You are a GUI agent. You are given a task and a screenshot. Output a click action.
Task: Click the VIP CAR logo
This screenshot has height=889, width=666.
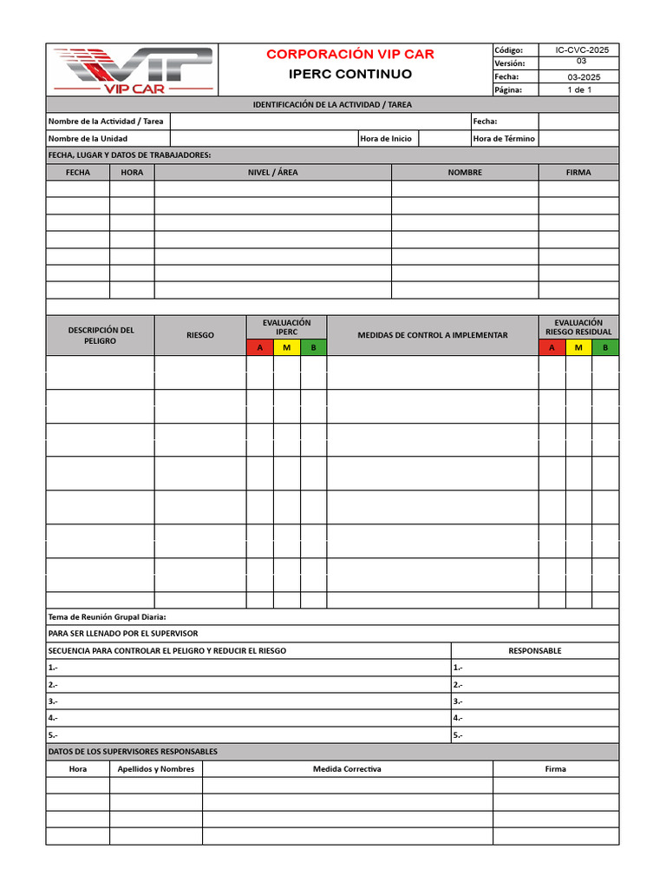tap(133, 69)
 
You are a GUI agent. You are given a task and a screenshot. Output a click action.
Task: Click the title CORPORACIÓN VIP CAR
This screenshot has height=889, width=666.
tap(350, 55)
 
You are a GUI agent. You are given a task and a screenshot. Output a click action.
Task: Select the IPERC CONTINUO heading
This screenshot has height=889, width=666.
tap(350, 75)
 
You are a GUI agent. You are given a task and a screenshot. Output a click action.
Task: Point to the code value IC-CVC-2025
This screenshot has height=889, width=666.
tap(582, 50)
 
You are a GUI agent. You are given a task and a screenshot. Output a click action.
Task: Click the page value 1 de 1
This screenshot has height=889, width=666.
tap(579, 90)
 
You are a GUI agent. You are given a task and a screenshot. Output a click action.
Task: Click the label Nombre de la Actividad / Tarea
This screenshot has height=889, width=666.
tap(106, 122)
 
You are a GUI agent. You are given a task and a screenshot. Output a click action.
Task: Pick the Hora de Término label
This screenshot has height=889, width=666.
tap(504, 139)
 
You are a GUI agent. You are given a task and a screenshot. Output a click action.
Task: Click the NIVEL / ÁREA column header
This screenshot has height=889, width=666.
tap(272, 173)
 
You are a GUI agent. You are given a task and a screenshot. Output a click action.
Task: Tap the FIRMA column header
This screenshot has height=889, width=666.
tap(578, 173)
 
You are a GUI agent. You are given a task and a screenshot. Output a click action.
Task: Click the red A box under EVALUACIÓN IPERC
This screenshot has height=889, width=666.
tap(259, 348)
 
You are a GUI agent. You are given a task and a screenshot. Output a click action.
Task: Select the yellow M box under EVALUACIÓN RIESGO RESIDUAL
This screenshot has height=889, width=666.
tap(578, 348)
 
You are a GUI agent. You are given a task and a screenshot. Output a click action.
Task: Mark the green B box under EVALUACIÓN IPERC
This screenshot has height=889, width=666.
tap(313, 348)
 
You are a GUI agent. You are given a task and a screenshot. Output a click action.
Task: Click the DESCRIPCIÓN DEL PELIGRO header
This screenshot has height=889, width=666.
tap(101, 335)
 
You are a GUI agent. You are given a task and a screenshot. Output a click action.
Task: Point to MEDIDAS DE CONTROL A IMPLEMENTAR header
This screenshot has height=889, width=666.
tap(433, 335)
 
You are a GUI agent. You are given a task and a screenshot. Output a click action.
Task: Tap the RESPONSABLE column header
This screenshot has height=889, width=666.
tap(535, 651)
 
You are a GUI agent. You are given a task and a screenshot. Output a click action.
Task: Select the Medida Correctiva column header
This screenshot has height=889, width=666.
tap(347, 769)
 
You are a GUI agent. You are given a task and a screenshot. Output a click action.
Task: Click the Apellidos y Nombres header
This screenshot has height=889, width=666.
tap(156, 769)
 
